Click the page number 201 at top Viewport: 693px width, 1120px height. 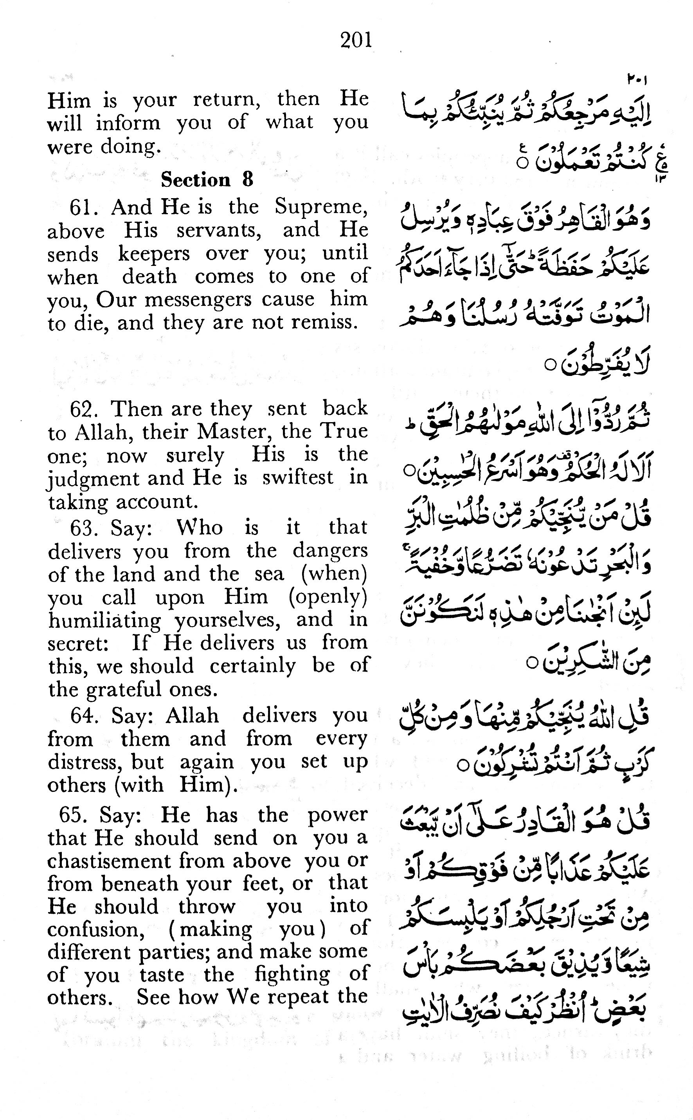356,40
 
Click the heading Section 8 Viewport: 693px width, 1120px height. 207,180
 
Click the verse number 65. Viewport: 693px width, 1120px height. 73,815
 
